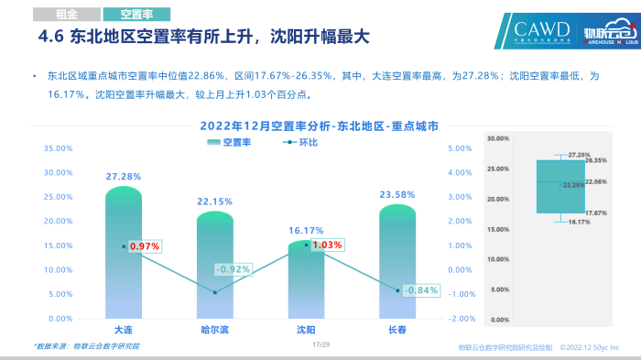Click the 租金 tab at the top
point(65,14)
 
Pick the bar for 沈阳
point(306,284)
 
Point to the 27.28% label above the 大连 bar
point(124,176)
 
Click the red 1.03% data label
point(327,245)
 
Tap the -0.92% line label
point(233,269)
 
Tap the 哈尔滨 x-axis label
point(214,328)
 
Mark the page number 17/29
point(320,344)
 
